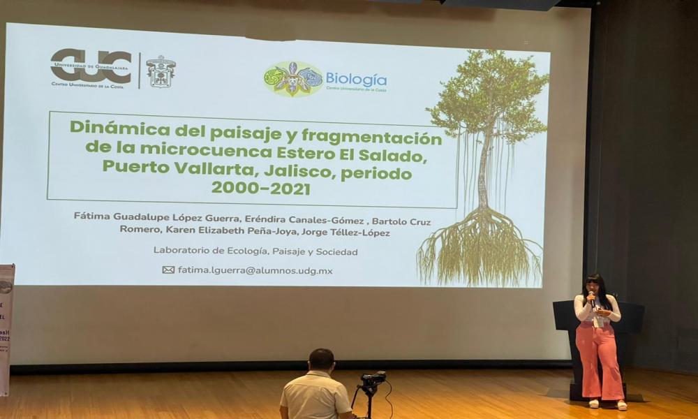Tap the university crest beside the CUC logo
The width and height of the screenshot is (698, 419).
click(161, 71)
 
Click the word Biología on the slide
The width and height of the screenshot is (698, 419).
click(355, 79)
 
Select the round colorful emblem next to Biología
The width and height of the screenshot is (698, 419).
click(293, 78)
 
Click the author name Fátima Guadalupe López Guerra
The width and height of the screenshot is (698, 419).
click(155, 216)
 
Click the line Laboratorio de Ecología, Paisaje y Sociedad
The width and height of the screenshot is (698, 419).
click(255, 251)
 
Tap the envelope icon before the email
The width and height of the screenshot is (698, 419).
click(168, 270)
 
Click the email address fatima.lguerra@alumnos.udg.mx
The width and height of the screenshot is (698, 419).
click(255, 270)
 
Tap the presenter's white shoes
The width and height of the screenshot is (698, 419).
click(607, 404)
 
